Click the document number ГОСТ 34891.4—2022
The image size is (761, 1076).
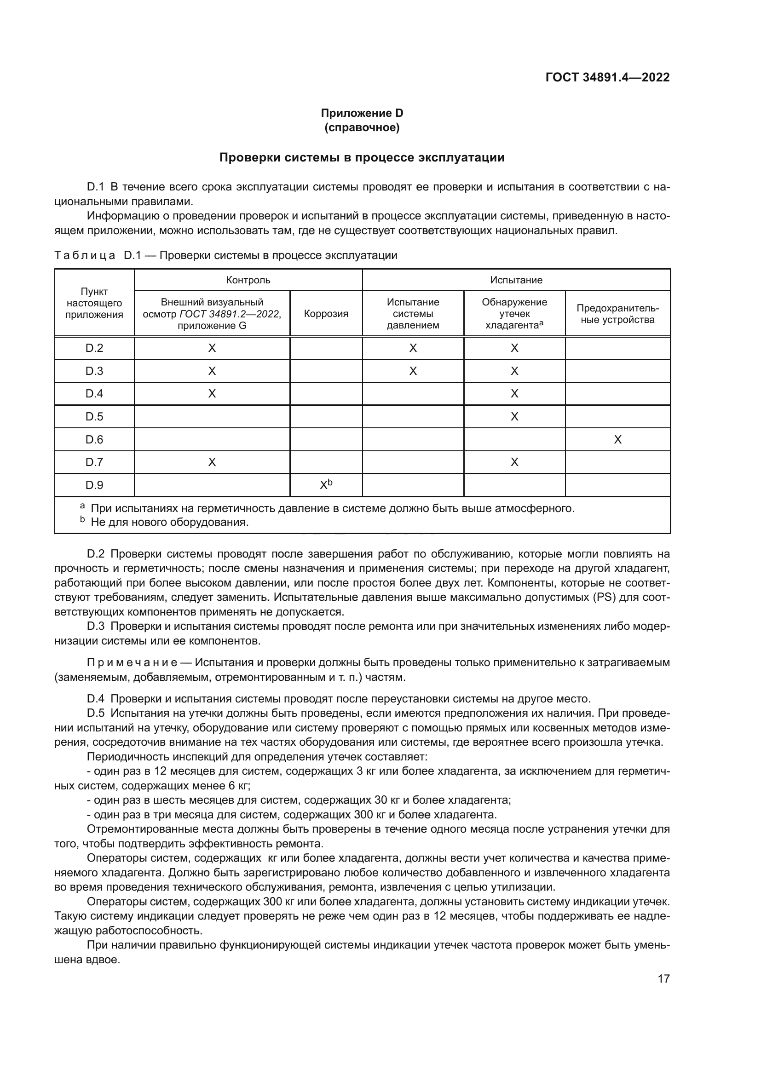(607, 78)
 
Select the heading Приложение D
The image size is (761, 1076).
(362, 113)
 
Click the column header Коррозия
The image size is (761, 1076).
(326, 314)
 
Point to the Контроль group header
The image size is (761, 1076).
(248, 280)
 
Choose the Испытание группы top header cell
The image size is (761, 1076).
(516, 280)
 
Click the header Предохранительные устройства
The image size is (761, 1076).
(617, 314)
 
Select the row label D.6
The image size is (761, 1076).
(94, 439)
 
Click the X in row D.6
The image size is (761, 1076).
(617, 440)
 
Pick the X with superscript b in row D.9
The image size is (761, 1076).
(325, 485)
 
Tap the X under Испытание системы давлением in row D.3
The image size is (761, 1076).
(413, 371)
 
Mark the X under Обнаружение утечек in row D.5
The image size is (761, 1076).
(514, 417)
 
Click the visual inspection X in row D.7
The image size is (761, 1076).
(212, 462)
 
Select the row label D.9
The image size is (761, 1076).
(94, 485)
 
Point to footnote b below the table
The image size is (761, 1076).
(169, 522)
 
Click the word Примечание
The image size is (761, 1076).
(132, 662)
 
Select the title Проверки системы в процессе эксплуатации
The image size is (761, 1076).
(362, 157)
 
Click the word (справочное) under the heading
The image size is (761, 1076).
(362, 127)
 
